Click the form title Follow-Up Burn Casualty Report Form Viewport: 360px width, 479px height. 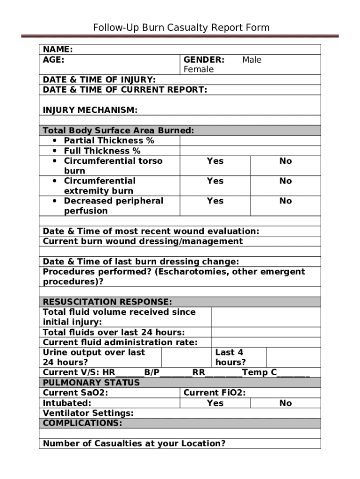pyautogui.click(x=181, y=28)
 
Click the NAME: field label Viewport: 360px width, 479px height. pyautogui.click(x=58, y=50)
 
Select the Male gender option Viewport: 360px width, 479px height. pyautogui.click(x=252, y=60)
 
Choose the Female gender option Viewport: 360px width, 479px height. pyautogui.click(x=198, y=70)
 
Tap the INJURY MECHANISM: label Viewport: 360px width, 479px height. pyautogui.click(x=90, y=110)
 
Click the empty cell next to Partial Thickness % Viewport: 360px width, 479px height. pyautogui.click(x=250, y=141)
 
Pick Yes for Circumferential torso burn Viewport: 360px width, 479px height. pyautogui.click(x=215, y=161)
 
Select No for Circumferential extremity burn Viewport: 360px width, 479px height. pyautogui.click(x=285, y=181)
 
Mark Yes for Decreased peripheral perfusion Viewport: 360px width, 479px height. pyautogui.click(x=215, y=201)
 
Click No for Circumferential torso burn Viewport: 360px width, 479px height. pyautogui.click(x=285, y=161)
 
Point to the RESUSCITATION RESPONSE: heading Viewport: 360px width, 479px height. pyautogui.click(x=107, y=302)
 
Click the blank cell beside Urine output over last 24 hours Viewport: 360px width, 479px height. pyautogui.click(x=186, y=357)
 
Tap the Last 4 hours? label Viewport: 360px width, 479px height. pyautogui.click(x=230, y=357)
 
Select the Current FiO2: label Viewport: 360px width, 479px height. pyautogui.click(x=215, y=393)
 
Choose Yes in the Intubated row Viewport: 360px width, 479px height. pyautogui.click(x=215, y=403)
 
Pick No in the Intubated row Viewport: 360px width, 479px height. pyautogui.click(x=285, y=403)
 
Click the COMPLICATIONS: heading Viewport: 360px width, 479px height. pyautogui.click(x=82, y=423)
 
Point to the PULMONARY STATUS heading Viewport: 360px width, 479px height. pyautogui.click(x=91, y=383)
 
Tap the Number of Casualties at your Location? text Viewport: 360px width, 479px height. pyautogui.click(x=134, y=443)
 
